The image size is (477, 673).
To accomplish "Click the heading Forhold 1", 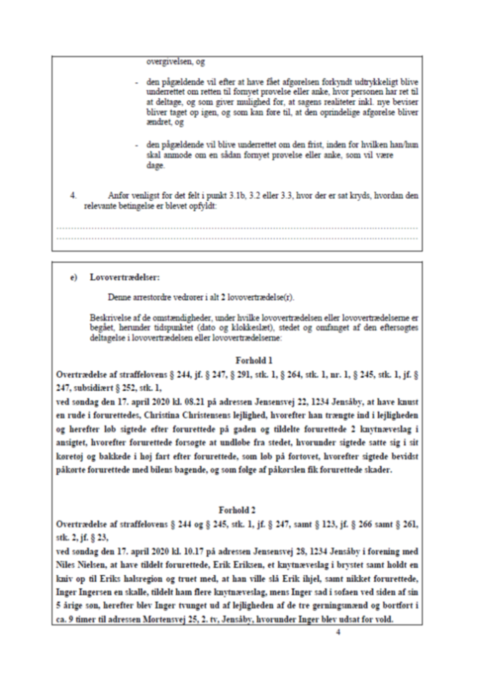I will pos(254,361).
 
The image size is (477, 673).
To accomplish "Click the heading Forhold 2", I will pos(237,510).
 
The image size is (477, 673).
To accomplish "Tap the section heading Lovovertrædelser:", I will pos(125,277).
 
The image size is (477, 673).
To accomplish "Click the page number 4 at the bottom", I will pos(338,632).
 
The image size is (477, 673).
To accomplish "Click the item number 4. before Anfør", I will pos(73,196).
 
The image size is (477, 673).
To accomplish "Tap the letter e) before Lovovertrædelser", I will pos(74,277).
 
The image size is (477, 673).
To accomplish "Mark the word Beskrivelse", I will pos(107,319).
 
